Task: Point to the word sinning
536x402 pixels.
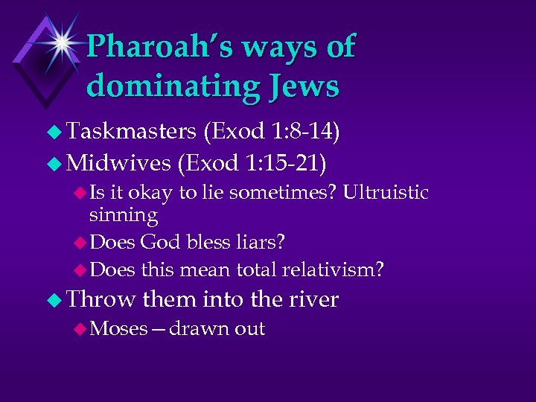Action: tap(123, 216)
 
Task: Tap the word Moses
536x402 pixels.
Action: tap(118, 328)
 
